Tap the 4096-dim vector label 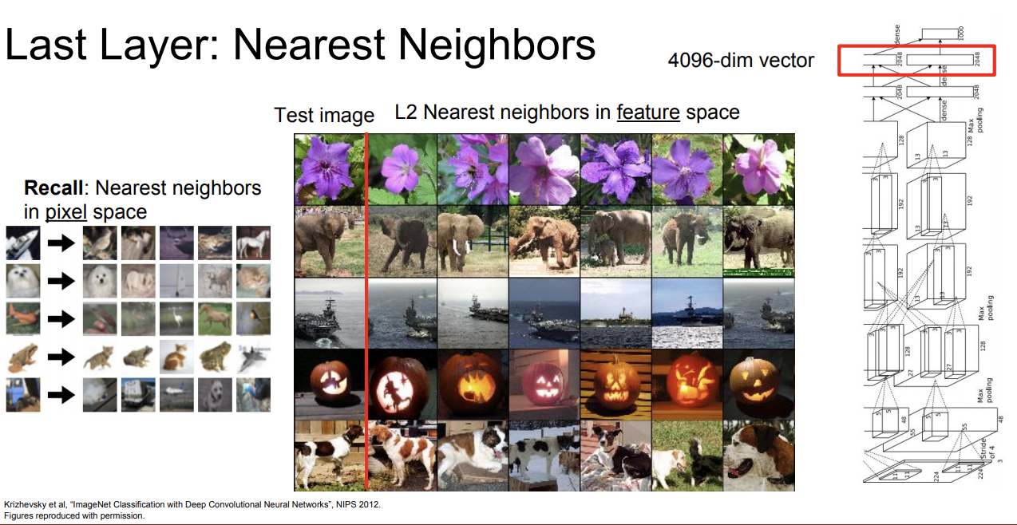741,60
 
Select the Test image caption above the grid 324,115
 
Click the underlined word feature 647,112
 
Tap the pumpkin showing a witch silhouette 401,383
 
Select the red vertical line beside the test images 366,311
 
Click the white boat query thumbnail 22,243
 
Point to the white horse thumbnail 253,243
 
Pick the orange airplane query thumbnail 22,318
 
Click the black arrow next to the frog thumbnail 60,357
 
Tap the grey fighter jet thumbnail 253,357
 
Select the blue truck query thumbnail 22,394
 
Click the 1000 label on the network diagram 962,33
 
